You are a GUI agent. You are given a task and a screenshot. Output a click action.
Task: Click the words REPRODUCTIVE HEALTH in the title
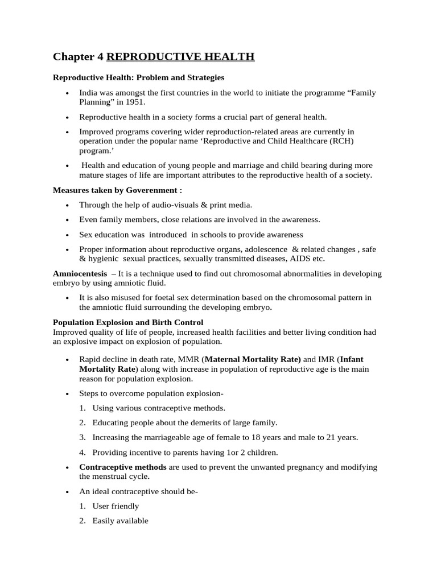point(180,56)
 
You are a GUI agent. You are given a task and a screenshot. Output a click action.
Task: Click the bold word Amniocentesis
point(80,274)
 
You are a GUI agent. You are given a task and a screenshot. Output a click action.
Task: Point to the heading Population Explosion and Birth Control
point(128,322)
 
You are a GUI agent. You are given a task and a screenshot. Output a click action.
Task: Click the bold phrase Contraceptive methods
point(123,467)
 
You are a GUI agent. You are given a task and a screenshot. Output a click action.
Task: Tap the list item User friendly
point(116,506)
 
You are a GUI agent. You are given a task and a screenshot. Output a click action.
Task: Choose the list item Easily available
point(120,520)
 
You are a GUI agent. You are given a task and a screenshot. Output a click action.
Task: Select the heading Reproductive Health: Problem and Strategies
point(138,77)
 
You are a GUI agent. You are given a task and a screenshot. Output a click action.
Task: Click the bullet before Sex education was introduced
point(67,235)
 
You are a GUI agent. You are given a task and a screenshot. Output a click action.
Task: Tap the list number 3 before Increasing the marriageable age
point(83,437)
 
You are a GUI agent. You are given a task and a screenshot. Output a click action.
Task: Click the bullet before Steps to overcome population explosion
point(67,393)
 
